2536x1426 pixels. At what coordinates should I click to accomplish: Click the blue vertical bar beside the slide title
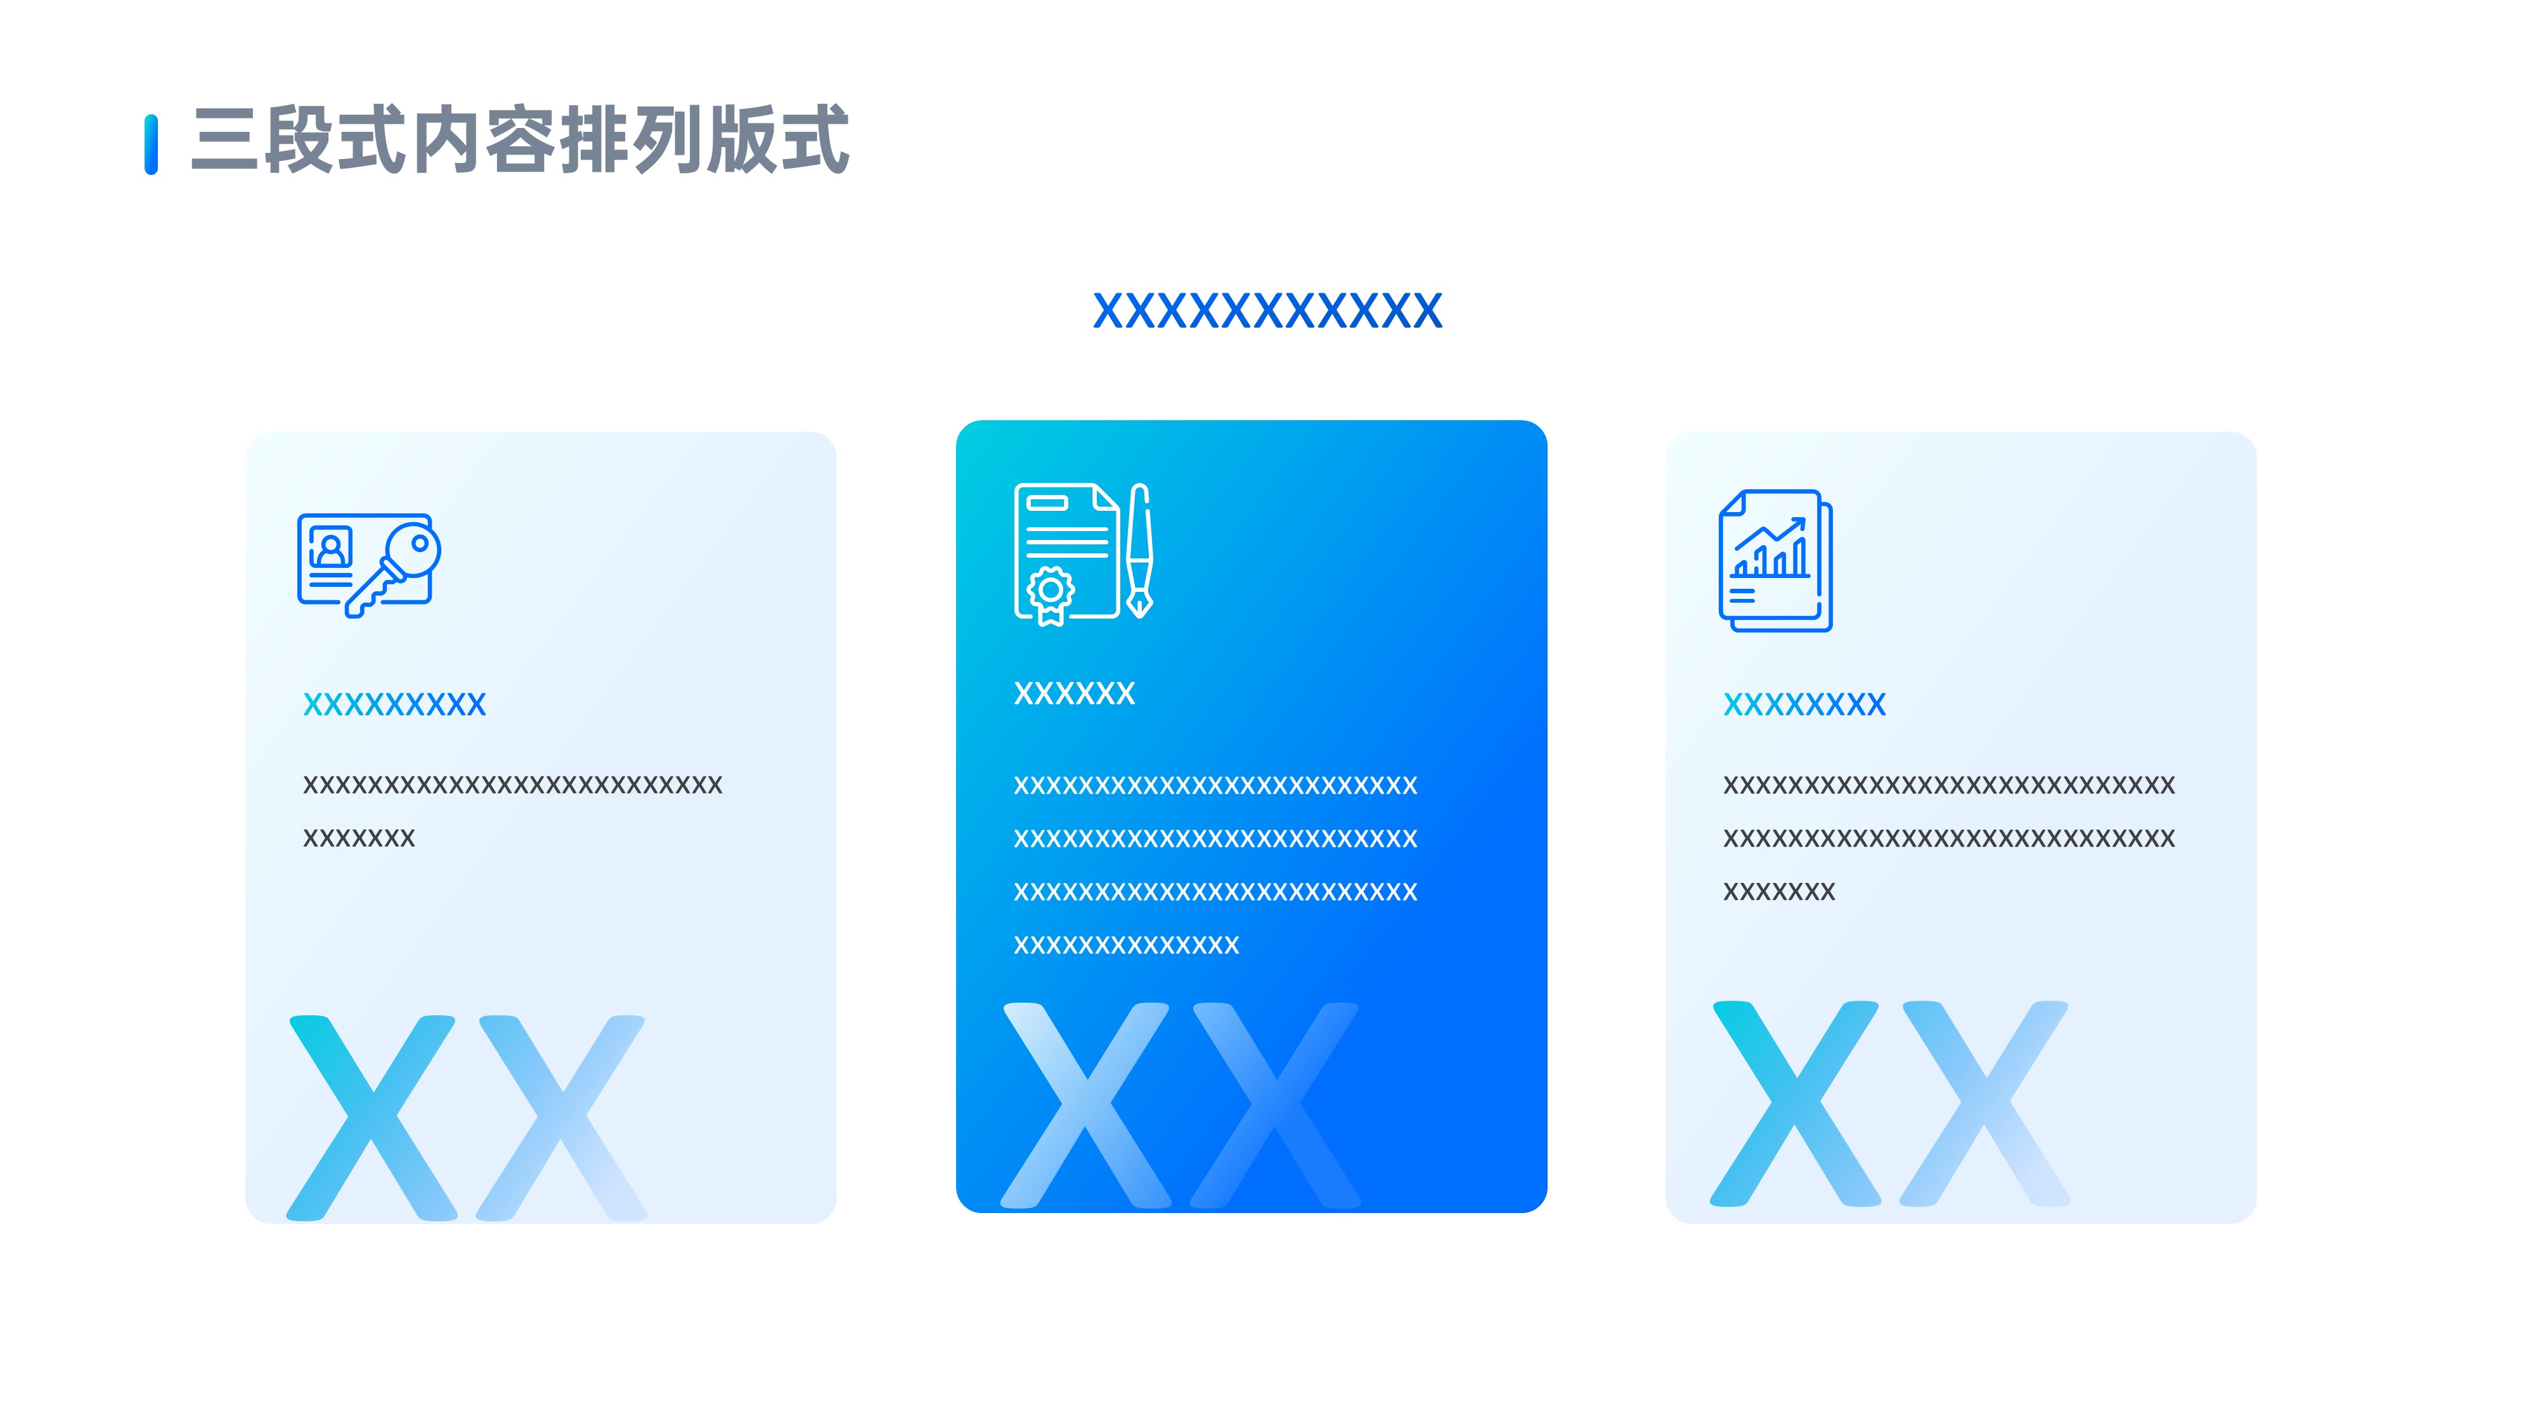tap(151, 145)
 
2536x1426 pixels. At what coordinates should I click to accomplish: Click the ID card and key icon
tap(368, 565)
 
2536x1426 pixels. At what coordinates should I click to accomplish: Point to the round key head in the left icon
tap(413, 548)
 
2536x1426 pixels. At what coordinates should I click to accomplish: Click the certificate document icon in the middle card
tap(1067, 553)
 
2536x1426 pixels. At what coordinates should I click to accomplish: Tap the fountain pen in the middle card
tap(1140, 551)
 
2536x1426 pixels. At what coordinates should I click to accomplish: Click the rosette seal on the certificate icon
tap(1051, 591)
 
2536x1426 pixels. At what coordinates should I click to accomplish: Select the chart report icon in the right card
tap(1775, 561)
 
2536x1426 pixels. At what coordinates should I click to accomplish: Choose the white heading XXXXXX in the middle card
tap(1074, 694)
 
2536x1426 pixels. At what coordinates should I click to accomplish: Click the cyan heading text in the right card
tap(1804, 705)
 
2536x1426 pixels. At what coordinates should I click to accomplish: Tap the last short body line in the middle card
tap(1126, 946)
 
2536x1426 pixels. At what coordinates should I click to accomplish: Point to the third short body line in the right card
tap(1779, 892)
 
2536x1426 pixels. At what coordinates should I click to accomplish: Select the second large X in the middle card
tap(1276, 1105)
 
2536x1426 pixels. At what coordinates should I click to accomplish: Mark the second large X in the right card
tap(1984, 1104)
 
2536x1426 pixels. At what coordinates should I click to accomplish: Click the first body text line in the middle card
tap(1215, 785)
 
